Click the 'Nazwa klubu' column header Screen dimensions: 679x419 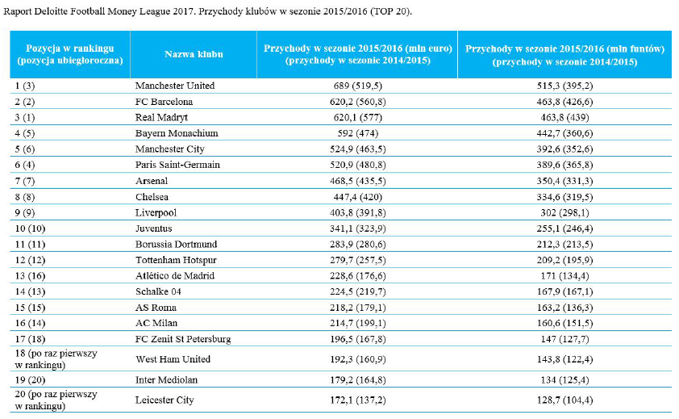click(194, 54)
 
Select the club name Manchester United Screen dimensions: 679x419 click(175, 86)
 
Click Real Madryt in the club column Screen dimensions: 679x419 click(161, 118)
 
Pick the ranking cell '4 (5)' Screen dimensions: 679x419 click(25, 133)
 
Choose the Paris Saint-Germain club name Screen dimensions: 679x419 click(177, 165)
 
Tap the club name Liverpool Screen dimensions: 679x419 click(156, 213)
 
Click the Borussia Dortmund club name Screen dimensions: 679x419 click(177, 244)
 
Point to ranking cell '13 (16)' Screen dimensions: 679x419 click(30, 276)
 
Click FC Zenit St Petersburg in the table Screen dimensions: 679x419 click(183, 339)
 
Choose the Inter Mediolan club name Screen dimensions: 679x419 click(166, 380)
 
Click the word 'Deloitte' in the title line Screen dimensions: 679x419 click(51, 11)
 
